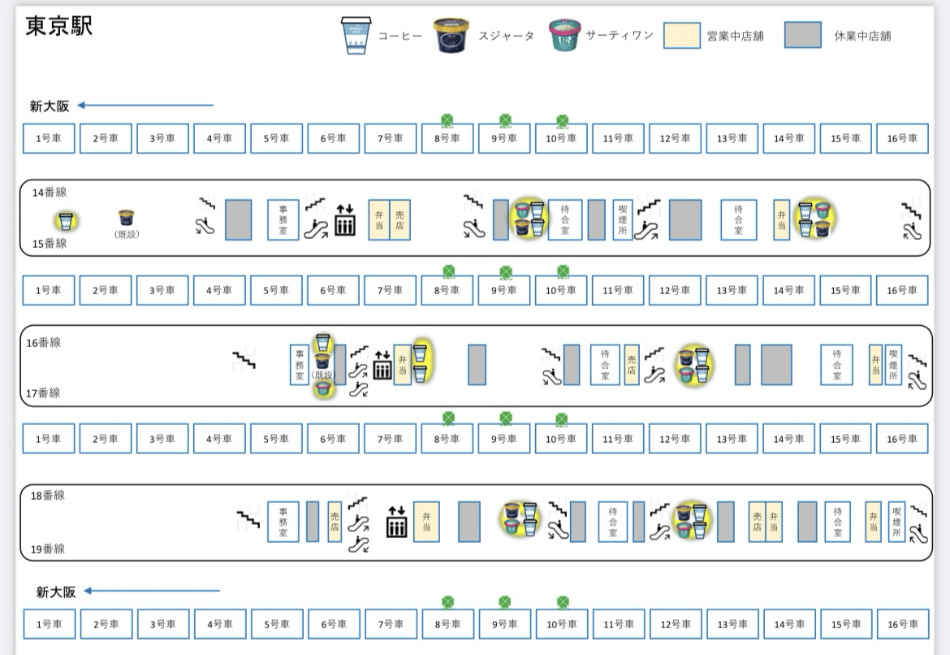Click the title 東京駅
point(59,26)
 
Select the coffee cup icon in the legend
point(355,36)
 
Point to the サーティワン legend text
point(620,36)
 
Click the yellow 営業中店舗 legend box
point(682,36)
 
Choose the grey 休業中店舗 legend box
point(802,36)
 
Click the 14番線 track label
point(50,193)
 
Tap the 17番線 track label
point(43,393)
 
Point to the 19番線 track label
point(48,549)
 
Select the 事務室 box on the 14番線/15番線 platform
point(283,220)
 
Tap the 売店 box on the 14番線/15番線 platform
point(399,220)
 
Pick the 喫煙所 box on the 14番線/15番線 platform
point(623,220)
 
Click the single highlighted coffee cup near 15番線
point(67,220)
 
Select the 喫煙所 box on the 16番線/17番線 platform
point(893,365)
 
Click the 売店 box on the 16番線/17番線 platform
point(632,365)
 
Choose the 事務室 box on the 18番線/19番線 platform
point(283,522)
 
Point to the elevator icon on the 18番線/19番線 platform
point(396,522)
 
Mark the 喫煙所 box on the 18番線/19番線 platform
point(896,522)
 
